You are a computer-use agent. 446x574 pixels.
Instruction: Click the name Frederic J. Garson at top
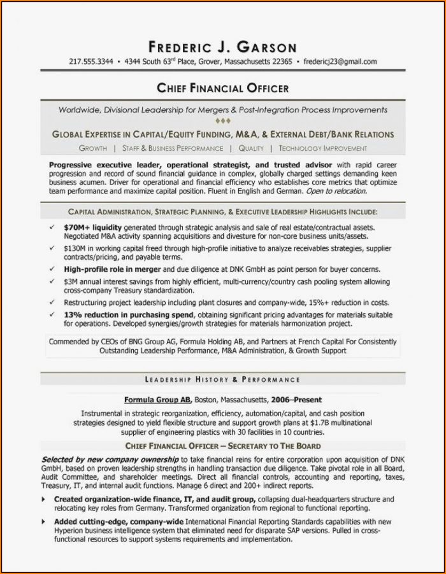222,46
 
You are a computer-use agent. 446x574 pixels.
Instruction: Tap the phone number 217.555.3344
90,62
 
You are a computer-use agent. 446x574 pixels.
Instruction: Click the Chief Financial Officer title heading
222,88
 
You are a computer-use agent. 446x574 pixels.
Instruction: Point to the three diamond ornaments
222,121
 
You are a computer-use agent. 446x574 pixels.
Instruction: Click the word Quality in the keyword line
251,148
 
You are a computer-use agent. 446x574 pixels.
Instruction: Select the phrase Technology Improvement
322,148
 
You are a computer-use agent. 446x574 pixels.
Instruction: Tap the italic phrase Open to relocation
336,191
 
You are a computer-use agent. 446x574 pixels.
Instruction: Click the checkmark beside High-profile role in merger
51,269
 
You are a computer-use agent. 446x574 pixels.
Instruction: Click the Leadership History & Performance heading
222,379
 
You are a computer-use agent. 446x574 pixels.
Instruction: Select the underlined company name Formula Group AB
157,400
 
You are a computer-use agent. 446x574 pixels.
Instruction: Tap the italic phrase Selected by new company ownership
110,459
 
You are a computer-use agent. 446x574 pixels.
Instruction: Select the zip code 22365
281,62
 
